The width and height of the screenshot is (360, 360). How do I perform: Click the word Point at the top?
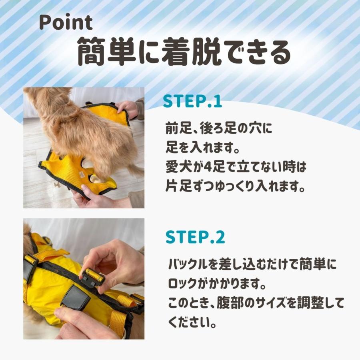[x=66, y=22]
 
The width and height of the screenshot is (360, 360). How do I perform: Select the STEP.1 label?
[x=192, y=101]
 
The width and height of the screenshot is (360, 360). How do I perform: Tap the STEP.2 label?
[x=195, y=237]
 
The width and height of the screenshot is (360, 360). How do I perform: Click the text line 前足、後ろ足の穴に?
[x=218, y=128]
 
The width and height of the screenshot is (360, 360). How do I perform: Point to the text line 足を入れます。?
[x=203, y=147]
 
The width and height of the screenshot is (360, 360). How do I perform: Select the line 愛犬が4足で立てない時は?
[x=236, y=166]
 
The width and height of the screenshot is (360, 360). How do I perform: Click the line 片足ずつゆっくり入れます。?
[x=235, y=186]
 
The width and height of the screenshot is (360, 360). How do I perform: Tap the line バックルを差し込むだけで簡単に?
[x=252, y=264]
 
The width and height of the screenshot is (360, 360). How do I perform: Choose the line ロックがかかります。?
[x=217, y=284]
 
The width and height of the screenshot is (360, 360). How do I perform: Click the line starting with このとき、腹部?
[x=256, y=303]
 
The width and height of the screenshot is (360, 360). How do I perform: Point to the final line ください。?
[x=192, y=322]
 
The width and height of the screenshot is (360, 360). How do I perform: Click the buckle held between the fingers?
[x=92, y=277]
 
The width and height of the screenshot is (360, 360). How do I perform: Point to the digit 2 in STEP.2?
[x=220, y=237]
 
